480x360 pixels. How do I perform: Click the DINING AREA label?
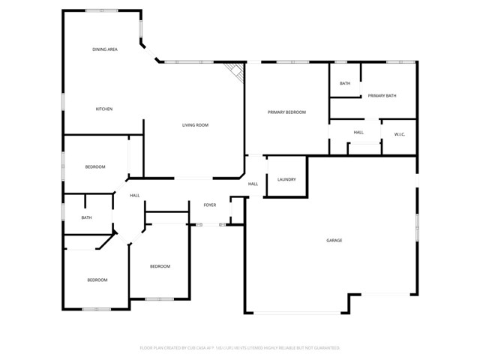[105, 49]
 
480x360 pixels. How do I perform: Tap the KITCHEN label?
[103, 109]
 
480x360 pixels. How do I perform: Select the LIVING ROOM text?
[195, 125]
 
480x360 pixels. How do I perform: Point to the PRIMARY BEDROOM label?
[287, 112]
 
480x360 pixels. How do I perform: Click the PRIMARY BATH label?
[382, 95]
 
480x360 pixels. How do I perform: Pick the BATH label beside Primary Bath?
[345, 83]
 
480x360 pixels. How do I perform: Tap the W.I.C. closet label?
[400, 134]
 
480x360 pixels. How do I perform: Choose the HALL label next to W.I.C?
[358, 133]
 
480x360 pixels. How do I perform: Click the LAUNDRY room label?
[286, 179]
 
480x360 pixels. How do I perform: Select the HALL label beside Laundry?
[253, 184]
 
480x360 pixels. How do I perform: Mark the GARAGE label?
[334, 241]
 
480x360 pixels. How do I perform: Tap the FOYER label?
[210, 205]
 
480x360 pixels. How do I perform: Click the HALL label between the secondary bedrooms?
[135, 196]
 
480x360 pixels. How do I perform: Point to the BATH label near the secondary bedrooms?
[87, 217]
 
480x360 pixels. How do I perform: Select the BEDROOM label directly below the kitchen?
[95, 166]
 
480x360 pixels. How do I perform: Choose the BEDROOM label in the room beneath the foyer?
[160, 266]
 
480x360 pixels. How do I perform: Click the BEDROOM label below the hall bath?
[97, 280]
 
